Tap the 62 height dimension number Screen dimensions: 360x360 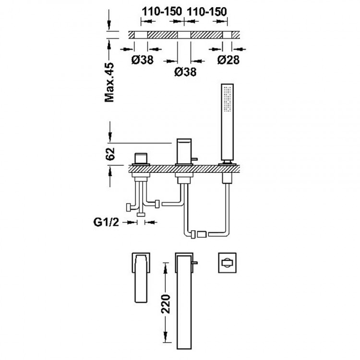pos(110,154)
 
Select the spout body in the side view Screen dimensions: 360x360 pos(183,151)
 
